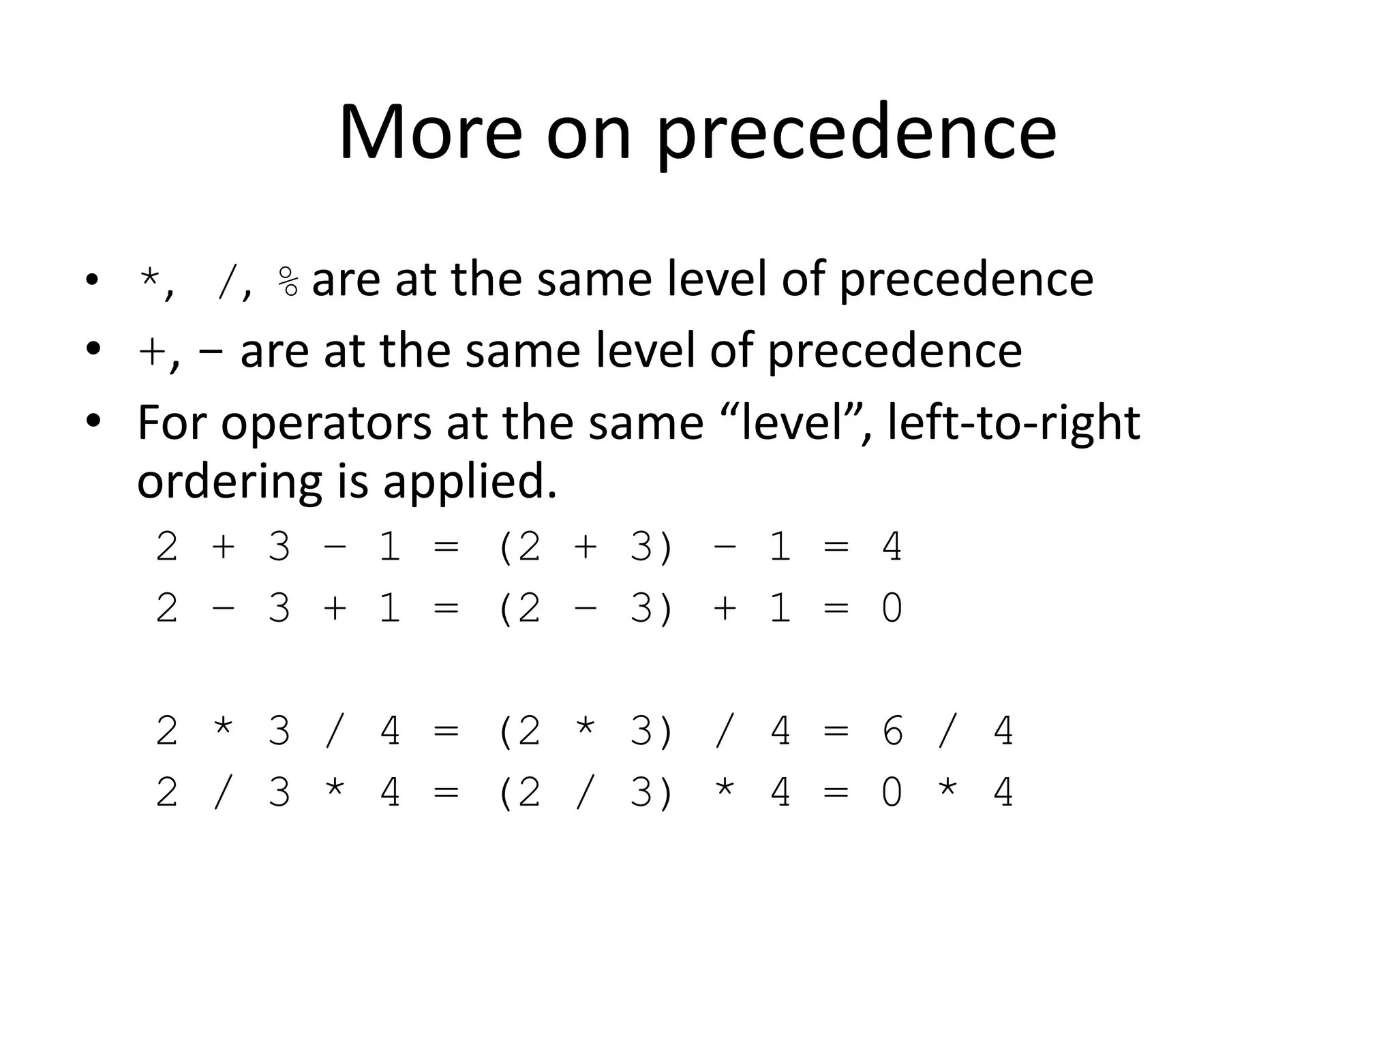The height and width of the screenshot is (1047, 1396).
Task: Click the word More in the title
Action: [430, 132]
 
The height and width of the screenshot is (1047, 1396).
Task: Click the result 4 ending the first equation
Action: [892, 547]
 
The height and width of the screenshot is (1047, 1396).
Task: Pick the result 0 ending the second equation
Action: [892, 608]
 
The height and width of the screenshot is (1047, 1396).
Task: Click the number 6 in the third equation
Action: [892, 731]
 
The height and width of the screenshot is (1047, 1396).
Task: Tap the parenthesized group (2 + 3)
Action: [586, 547]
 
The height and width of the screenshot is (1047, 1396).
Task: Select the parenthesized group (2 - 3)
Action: [586, 608]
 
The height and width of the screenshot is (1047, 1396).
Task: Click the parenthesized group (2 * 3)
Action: [586, 731]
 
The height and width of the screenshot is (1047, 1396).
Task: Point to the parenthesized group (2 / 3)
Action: [586, 793]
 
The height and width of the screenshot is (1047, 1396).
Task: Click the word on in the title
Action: [588, 134]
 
